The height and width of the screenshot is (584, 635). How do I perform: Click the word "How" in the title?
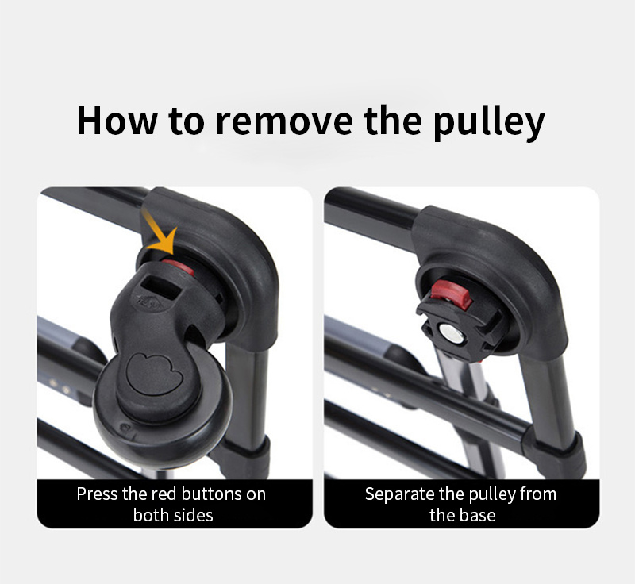(x=116, y=121)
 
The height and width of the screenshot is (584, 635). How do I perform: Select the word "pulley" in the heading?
(x=489, y=124)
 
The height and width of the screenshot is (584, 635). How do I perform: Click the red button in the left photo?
(x=179, y=267)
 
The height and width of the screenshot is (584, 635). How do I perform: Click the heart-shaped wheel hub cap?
(x=154, y=373)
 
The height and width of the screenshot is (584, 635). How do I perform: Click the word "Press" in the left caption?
(x=98, y=494)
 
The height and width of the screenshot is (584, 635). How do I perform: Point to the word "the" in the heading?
(x=393, y=121)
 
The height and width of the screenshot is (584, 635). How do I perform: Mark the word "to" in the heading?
(x=186, y=121)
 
